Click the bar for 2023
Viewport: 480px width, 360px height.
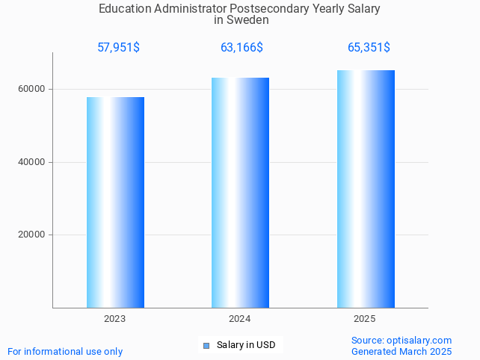pyautogui.click(x=115, y=202)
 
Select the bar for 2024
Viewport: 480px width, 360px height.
pyautogui.click(x=240, y=192)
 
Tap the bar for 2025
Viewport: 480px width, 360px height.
pyautogui.click(x=366, y=188)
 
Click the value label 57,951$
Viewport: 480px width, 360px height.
pyautogui.click(x=118, y=48)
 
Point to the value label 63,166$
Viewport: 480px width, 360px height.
pyautogui.click(x=241, y=48)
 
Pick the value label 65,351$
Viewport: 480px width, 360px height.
pyautogui.click(x=369, y=48)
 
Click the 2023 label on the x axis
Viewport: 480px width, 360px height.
pyautogui.click(x=115, y=319)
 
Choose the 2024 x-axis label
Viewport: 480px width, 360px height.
pyautogui.click(x=240, y=319)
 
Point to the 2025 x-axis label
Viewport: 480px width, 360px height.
pyautogui.click(x=365, y=319)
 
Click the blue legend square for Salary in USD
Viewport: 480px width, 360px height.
pyautogui.click(x=206, y=345)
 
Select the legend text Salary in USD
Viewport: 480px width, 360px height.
pyautogui.click(x=246, y=345)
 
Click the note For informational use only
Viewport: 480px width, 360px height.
pyautogui.click(x=65, y=351)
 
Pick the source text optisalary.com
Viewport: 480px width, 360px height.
pyautogui.click(x=419, y=340)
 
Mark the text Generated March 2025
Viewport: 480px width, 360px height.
pyautogui.click(x=401, y=351)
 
